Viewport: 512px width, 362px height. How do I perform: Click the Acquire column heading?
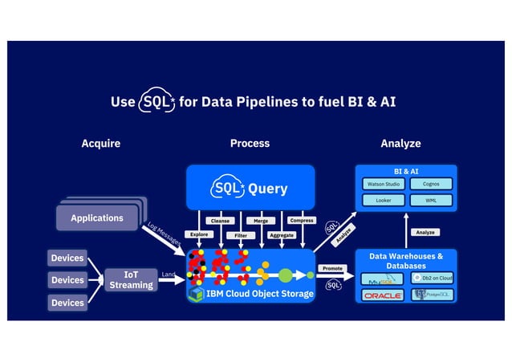tap(101, 144)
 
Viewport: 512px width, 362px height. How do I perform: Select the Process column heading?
tap(250, 144)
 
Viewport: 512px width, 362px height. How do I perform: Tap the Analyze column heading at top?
tap(400, 144)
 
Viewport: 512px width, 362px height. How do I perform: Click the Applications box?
tap(97, 218)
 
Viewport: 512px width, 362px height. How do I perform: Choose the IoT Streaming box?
tap(131, 279)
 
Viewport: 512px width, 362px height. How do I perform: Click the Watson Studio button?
tap(383, 184)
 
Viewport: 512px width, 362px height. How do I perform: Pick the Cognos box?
tap(430, 184)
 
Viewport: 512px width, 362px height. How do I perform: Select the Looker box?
tap(383, 201)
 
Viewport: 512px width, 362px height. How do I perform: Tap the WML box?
tap(430, 201)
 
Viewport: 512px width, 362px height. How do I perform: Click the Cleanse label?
tap(218, 220)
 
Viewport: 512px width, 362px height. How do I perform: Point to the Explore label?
tap(197, 234)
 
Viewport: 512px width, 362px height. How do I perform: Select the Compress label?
tap(302, 220)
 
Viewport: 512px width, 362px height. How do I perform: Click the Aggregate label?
tap(282, 235)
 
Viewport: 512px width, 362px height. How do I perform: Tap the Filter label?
tap(240, 235)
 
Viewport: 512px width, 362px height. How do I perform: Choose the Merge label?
tap(261, 220)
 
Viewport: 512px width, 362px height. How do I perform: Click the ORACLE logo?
tap(383, 295)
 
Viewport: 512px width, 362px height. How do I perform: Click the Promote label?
tap(332, 268)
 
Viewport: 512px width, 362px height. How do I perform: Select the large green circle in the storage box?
tap(285, 275)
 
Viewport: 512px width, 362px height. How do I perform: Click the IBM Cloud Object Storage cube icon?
tap(195, 294)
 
